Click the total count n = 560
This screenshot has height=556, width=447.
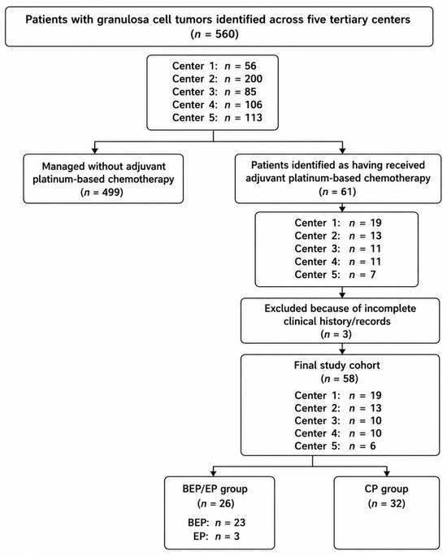coord(215,34)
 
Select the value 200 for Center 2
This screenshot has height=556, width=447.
coord(253,79)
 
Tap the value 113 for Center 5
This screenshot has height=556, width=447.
coord(253,117)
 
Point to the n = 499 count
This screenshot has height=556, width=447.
coord(102,193)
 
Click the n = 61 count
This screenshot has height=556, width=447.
coord(337,192)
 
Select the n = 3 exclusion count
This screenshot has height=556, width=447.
coord(336,334)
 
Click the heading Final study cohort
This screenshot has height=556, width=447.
coord(336,365)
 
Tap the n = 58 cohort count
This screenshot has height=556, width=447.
coord(339,379)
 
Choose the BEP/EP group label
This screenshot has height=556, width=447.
coord(215,489)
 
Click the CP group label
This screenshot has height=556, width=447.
coord(386,489)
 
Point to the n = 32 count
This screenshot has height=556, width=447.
coord(386,503)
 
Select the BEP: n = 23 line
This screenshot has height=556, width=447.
coord(216,523)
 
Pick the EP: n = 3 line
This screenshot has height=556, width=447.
coord(216,536)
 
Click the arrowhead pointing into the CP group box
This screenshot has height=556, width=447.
coord(387,473)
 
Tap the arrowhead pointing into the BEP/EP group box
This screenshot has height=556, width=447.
coord(214,473)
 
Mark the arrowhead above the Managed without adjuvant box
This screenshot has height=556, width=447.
coord(94,150)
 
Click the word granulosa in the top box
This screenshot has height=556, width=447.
coord(119,20)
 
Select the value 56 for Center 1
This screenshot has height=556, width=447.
coord(250,66)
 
